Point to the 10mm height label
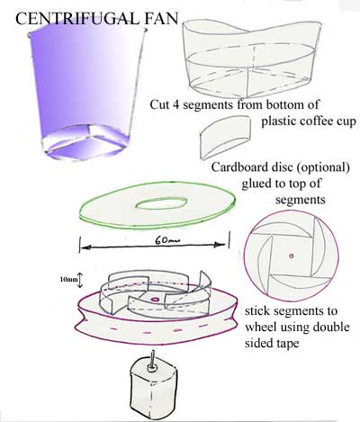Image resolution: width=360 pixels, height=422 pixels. tap(67, 279)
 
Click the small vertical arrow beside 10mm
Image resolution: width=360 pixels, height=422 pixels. tap(80, 280)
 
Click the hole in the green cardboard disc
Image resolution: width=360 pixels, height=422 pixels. tap(161, 203)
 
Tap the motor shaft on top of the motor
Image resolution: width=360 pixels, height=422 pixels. tap(153, 360)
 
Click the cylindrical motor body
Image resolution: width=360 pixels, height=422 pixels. tap(154, 391)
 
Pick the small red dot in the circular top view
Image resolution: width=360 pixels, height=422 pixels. tap(291, 256)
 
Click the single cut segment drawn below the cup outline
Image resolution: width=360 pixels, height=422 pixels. tap(226, 138)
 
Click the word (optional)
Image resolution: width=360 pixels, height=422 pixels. tap(323, 168)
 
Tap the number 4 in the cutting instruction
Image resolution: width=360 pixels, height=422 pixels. tap(175, 104)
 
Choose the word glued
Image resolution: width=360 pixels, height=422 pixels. tap(255, 184)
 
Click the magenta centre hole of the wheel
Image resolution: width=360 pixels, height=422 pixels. tap(155, 299)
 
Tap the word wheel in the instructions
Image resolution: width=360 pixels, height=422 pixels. tap(259, 327)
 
